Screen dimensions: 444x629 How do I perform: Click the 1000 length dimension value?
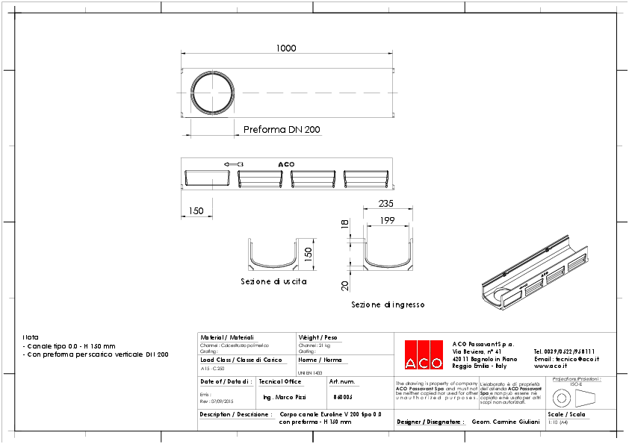[286, 48]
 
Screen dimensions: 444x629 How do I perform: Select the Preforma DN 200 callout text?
[282, 130]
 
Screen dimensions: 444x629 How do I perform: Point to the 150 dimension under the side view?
[196, 211]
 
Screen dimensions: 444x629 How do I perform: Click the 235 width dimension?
[385, 204]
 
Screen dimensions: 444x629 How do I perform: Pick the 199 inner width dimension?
[387, 220]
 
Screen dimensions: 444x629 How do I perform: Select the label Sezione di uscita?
[273, 282]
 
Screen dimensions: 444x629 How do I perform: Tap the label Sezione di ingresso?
[388, 304]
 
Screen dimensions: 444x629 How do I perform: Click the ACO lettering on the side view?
[286, 164]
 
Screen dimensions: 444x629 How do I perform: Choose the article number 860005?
[343, 398]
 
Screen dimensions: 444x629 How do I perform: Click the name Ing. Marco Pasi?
[285, 398]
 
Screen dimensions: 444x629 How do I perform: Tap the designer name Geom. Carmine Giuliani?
[506, 422]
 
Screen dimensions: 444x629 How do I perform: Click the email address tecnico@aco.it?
[567, 358]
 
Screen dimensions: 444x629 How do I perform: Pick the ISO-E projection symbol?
[575, 396]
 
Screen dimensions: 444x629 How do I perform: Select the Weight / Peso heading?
[317, 337]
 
